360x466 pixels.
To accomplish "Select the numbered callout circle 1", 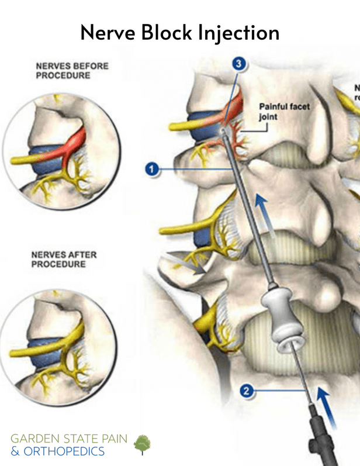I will [152, 170].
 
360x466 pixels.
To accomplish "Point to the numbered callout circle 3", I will [237, 64].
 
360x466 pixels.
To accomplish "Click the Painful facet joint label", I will [284, 112].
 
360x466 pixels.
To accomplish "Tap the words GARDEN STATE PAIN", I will [69, 439].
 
